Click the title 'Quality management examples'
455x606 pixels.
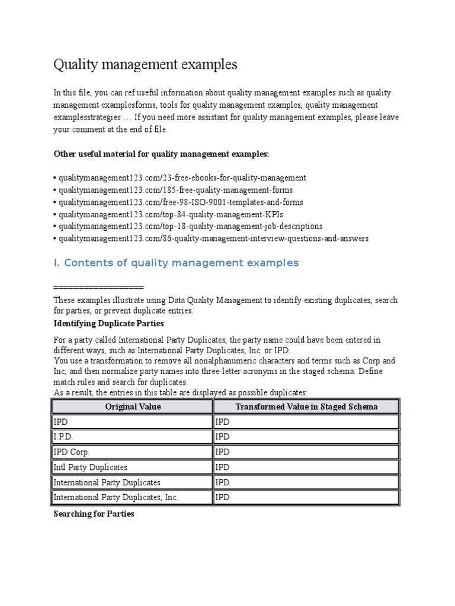coord(145,64)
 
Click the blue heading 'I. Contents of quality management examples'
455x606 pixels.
coord(176,263)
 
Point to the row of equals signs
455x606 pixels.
coord(98,286)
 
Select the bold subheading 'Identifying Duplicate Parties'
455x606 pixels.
coord(108,324)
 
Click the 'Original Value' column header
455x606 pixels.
coord(133,407)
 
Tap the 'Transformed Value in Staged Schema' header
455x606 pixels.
coord(306,407)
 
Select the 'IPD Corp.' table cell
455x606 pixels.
coord(71,452)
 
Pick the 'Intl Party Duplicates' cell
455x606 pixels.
coord(90,468)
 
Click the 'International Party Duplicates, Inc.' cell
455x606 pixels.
coord(116,498)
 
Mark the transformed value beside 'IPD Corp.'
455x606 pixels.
coord(222,452)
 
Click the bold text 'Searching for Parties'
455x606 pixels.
coord(94,514)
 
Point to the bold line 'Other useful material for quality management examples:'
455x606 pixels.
coord(161,154)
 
